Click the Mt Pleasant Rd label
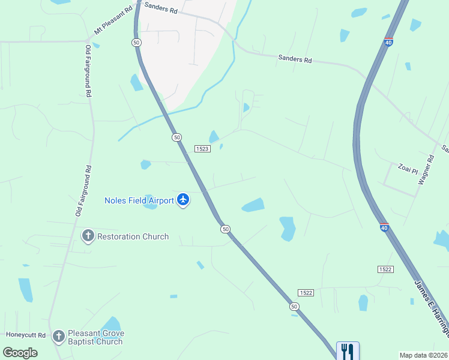coord(113,21)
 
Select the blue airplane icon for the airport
coord(183,200)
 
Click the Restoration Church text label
coord(133,236)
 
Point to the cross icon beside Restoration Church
coord(88,236)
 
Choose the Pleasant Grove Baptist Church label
coord(95,337)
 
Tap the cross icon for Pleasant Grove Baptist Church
coord(58,337)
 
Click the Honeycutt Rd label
coord(26,335)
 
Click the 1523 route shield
coord(202,148)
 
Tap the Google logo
coord(20,352)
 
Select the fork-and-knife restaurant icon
coord(348,350)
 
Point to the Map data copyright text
coord(424,355)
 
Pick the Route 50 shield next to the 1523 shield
coord(176,137)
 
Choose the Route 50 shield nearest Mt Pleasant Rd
coord(136,42)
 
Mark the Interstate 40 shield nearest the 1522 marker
coord(384,227)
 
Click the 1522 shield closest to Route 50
coord(306,292)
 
